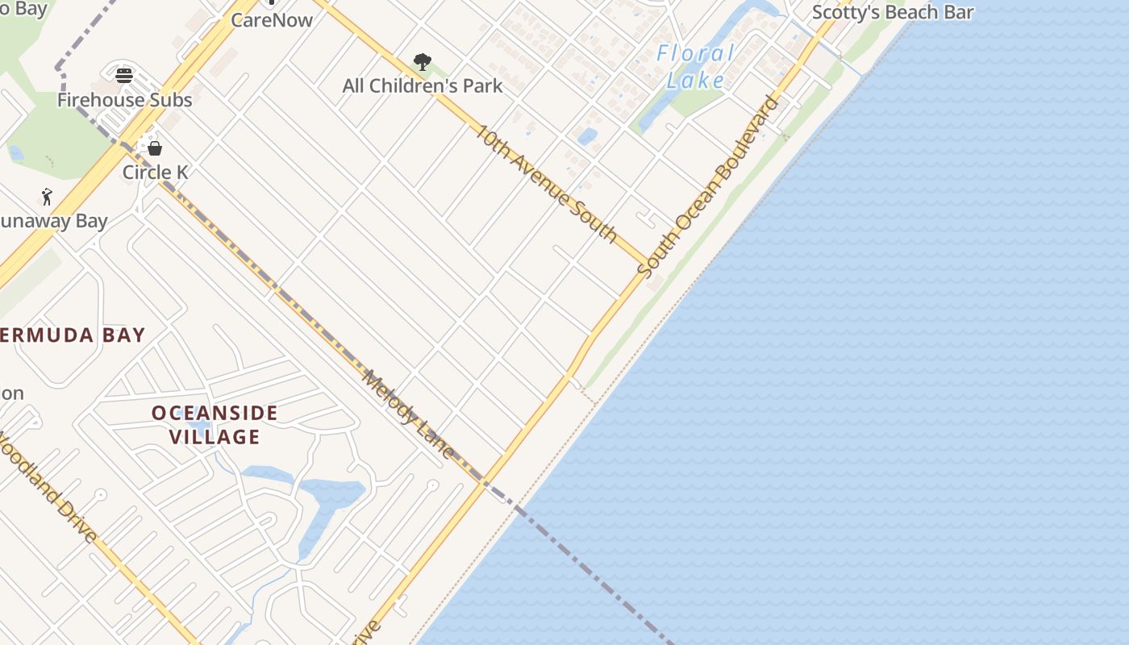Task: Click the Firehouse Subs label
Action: coord(124,100)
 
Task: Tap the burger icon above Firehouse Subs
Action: coord(124,76)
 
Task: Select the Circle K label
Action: coord(156,172)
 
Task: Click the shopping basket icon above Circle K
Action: coord(155,148)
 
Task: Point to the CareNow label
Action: coord(272,20)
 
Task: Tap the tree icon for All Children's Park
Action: coord(422,62)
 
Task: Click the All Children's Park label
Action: coord(423,85)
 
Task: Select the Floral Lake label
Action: coord(695,66)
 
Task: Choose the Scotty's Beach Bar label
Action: coord(893,12)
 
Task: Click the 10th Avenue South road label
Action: coord(546,183)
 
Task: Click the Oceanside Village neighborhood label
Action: coord(215,425)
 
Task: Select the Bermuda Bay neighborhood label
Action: coord(71,335)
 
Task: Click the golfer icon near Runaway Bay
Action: coord(47,197)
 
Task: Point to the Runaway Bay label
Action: coord(52,221)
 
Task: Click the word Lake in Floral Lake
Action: coord(697,79)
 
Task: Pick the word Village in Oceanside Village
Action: coord(215,437)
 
